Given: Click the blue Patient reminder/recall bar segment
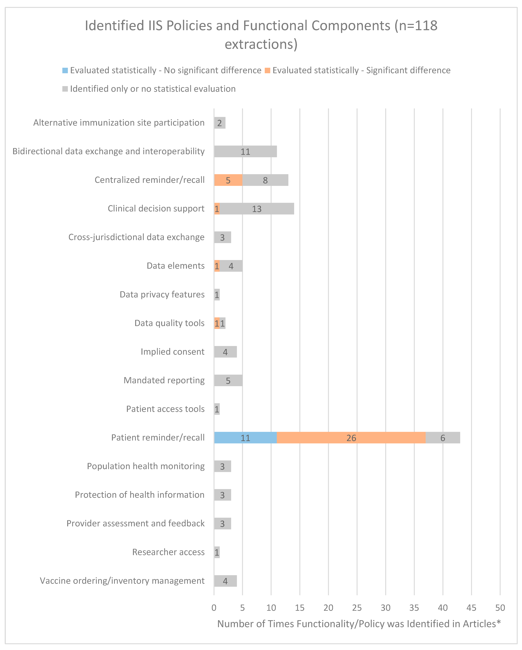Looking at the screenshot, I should pos(245,437).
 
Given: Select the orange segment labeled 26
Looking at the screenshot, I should pos(351,437).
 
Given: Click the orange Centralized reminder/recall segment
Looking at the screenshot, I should pos(228,180).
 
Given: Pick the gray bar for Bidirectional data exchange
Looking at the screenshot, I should pos(245,151).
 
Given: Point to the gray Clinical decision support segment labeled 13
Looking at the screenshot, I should pos(257,209).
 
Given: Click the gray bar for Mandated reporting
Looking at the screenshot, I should pos(228,381).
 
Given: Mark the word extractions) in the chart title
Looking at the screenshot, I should pos(261,44).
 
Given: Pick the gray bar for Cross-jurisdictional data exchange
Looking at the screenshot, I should pos(222,237).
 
